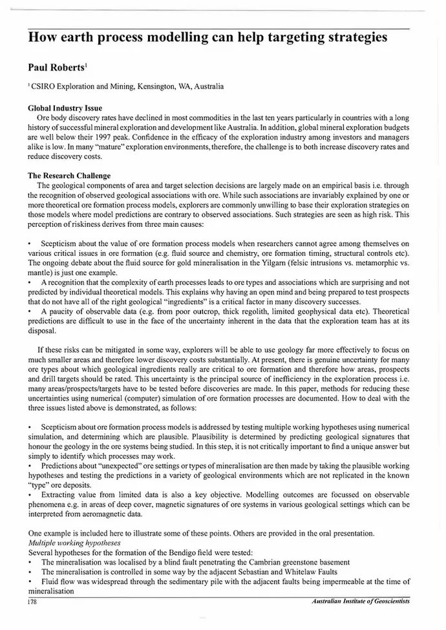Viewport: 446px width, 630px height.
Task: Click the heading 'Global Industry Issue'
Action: (65, 108)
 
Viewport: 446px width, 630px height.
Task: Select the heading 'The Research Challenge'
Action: (69, 175)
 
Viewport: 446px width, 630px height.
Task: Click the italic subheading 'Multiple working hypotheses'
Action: (75, 543)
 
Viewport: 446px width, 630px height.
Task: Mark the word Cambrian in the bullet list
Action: (259, 563)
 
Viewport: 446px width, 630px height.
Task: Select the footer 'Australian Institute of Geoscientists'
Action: (361, 602)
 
